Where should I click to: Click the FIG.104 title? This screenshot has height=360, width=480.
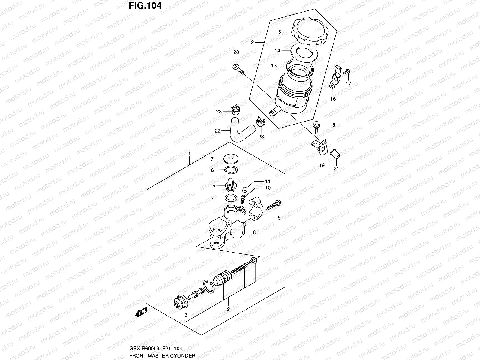145,6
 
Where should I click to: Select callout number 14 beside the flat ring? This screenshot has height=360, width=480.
277,51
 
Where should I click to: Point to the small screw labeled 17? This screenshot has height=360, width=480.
347,71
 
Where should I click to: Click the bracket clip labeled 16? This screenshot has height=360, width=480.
336,78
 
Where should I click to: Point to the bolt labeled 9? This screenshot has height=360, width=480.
274,205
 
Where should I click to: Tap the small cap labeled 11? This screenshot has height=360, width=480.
245,189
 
